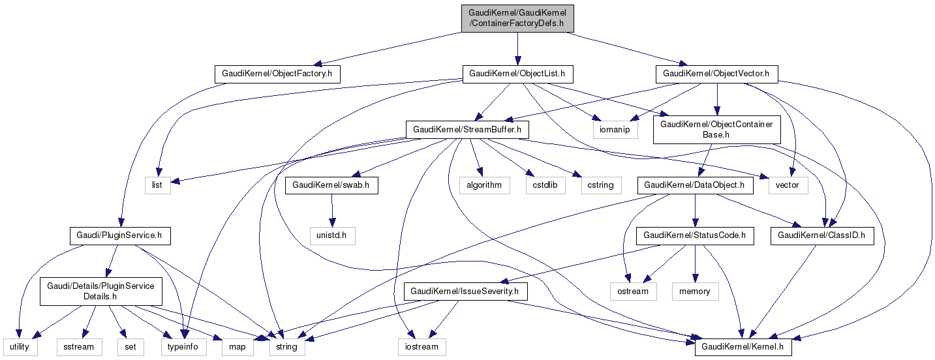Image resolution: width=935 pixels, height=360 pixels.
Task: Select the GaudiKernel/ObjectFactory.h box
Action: click(x=278, y=74)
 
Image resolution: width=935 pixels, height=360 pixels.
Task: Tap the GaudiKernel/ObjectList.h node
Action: click(x=517, y=74)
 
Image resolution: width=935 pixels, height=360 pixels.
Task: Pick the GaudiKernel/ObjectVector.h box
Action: click(x=716, y=74)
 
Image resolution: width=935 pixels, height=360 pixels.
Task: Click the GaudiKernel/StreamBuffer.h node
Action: click(x=467, y=130)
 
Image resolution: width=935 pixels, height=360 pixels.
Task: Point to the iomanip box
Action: click(x=615, y=130)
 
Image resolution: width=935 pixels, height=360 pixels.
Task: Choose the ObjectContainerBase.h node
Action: click(x=716, y=129)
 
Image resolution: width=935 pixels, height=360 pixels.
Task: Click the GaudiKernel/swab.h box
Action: click(x=332, y=185)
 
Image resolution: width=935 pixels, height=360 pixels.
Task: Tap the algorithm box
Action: click(x=483, y=185)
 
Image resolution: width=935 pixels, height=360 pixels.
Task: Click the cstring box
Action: click(x=600, y=185)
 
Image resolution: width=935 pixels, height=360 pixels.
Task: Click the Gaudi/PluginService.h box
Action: click(x=119, y=235)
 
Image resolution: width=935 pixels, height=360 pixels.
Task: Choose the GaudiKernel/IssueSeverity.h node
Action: click(x=466, y=291)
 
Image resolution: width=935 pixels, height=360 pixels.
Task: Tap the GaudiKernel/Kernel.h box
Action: click(x=743, y=346)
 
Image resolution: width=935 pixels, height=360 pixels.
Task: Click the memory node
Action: click(x=694, y=291)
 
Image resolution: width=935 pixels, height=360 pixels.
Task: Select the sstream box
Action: click(x=78, y=346)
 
